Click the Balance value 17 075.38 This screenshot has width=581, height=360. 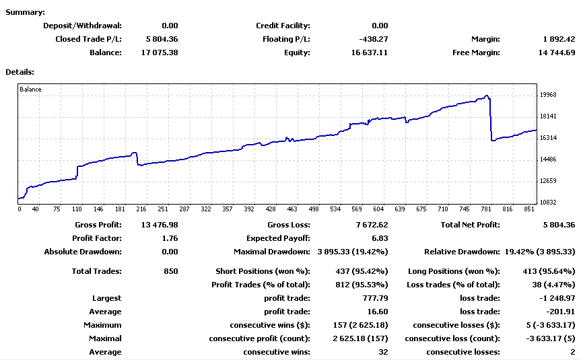pos(160,52)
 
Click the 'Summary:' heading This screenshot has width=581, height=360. pos(26,13)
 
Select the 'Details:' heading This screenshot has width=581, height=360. pos(20,71)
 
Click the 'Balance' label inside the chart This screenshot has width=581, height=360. pos(30,89)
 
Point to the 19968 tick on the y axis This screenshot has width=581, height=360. pos(548,95)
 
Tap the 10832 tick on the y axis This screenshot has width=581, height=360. pos(548,203)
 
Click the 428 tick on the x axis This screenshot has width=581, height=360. pos(271,209)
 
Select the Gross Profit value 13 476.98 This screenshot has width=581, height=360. pos(160,225)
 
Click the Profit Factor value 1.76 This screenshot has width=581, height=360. pos(170,238)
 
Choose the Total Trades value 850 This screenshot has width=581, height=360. pos(171,271)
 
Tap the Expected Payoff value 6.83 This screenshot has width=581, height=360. pos(380,238)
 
